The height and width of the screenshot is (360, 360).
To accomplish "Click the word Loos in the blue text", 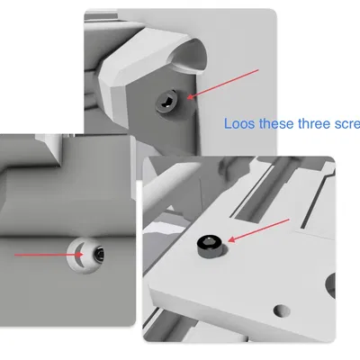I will [238, 124].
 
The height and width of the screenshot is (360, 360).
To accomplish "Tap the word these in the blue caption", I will [276, 124].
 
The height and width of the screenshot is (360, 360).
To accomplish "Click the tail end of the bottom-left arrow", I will [17, 255].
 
